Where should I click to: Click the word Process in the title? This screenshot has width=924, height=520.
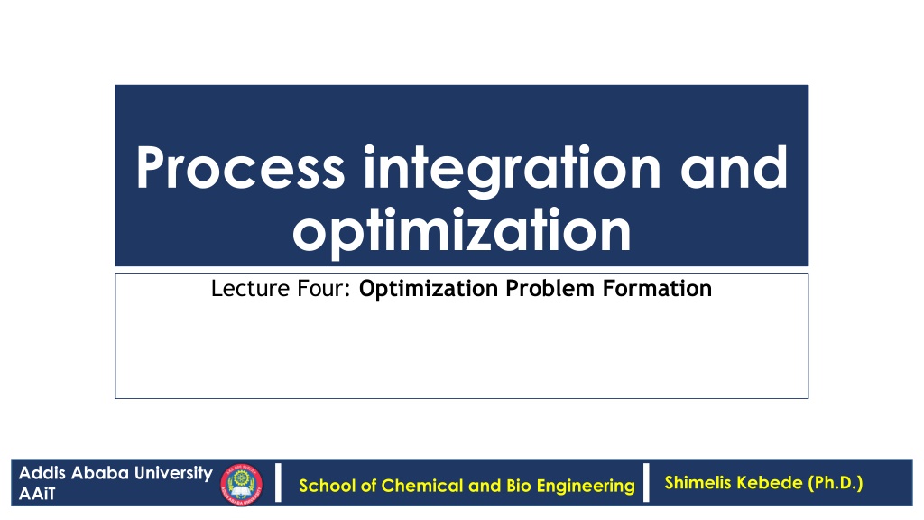tap(240, 168)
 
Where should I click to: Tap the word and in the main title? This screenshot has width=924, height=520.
tap(734, 167)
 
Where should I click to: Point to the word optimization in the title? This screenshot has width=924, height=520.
tap(462, 230)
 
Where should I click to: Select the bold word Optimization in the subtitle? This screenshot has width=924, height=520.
tap(429, 289)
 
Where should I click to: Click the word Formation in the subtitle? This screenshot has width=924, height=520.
tap(657, 288)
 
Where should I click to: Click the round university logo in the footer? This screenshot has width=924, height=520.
tap(242, 485)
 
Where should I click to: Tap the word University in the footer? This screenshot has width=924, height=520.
tap(173, 474)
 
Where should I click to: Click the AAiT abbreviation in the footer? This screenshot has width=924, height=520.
tap(36, 494)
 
